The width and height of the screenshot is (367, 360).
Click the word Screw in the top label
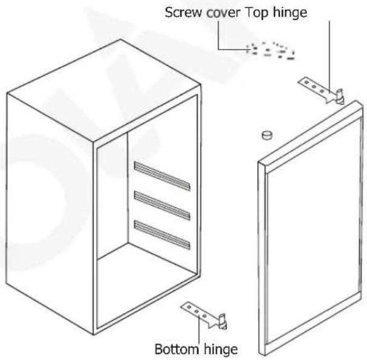[183, 12]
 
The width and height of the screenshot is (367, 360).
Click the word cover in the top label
[223, 13]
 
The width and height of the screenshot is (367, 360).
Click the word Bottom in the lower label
[177, 349]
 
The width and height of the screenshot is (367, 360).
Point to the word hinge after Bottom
[221, 350]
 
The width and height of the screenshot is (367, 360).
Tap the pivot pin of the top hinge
[340, 96]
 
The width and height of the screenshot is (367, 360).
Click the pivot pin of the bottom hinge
[223, 321]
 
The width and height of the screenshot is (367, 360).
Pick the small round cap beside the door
[267, 135]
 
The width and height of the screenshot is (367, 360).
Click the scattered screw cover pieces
[270, 51]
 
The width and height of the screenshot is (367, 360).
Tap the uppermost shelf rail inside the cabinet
[162, 175]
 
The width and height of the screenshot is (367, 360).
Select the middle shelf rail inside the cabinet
[162, 206]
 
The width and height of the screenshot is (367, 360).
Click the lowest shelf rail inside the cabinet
[162, 235]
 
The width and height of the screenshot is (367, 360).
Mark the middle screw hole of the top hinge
[314, 87]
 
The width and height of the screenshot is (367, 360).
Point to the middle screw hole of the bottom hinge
[196, 312]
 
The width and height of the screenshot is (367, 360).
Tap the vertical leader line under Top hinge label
[330, 57]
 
